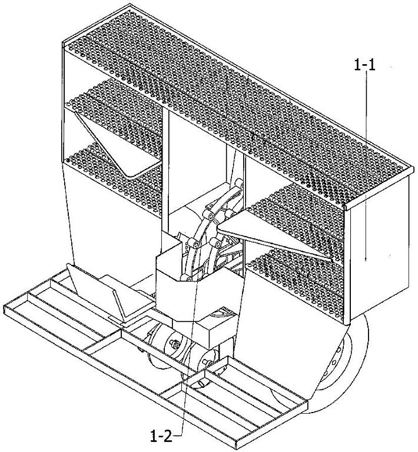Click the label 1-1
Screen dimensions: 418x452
click(x=364, y=65)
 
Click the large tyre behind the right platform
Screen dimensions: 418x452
click(x=346, y=372)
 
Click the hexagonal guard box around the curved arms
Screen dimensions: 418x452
click(x=199, y=285)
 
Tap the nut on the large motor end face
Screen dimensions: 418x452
click(x=174, y=343)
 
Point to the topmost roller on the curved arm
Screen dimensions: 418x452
click(x=239, y=184)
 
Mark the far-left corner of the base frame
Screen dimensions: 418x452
click(x=4, y=305)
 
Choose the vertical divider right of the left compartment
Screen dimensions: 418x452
click(x=165, y=170)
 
